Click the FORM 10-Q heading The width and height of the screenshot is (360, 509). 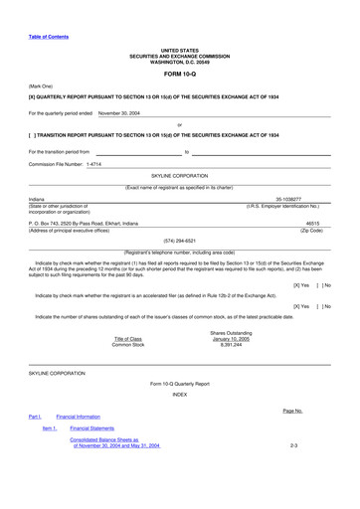click(x=180, y=73)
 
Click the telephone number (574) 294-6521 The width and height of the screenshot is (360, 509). click(x=179, y=241)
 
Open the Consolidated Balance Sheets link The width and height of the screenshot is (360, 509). click(x=108, y=442)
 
